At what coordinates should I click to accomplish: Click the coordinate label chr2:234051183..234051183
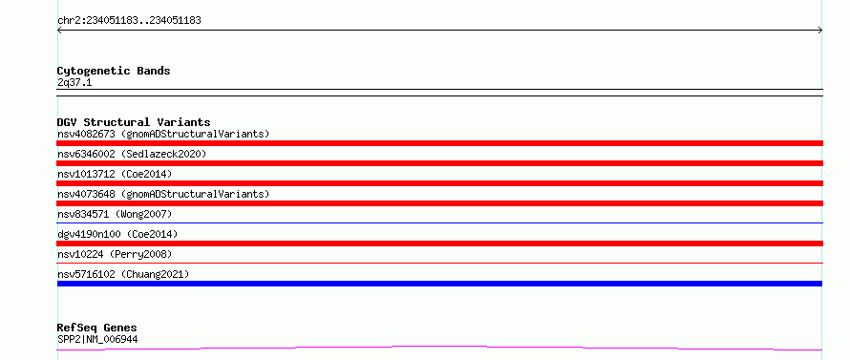[x=129, y=21]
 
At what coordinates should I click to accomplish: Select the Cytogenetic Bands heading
[x=114, y=71]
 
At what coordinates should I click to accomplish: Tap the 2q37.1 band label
[x=74, y=82]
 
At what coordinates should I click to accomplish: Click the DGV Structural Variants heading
[x=134, y=122]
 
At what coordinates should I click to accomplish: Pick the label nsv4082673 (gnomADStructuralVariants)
[x=163, y=134]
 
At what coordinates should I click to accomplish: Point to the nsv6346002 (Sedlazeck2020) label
[x=132, y=154]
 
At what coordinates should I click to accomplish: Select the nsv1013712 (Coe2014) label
[x=115, y=174]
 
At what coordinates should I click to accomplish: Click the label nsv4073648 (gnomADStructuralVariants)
[x=163, y=194]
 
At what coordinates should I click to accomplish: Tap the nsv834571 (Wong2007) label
[x=115, y=214]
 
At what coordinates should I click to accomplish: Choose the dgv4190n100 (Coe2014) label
[x=117, y=234]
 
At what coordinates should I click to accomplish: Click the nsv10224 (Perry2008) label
[x=115, y=254]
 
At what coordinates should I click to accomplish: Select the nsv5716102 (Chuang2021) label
[x=123, y=274]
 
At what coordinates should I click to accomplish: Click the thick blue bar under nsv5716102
[x=439, y=284]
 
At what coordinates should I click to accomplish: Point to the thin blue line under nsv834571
[x=439, y=222]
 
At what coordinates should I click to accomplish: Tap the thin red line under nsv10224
[x=439, y=263]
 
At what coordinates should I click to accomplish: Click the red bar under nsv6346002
[x=439, y=163]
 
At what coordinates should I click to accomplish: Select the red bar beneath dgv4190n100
[x=439, y=244]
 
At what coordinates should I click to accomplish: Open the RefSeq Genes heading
[x=97, y=328]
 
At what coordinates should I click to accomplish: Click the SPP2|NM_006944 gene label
[x=97, y=339]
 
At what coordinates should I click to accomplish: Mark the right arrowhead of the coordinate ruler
[x=821, y=31]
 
